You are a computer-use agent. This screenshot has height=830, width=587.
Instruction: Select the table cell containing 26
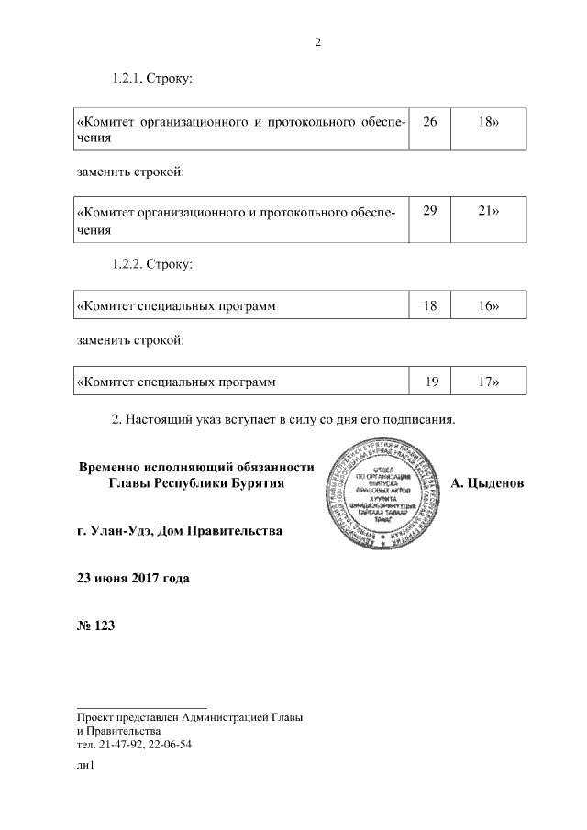point(430,122)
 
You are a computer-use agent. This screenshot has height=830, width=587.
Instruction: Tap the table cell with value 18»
point(489,122)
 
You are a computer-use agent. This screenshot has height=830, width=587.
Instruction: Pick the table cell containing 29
point(430,212)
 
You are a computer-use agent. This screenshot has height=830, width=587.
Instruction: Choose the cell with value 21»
point(489,212)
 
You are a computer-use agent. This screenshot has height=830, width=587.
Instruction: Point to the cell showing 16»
point(489,305)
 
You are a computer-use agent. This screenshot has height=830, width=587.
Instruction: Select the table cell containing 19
point(430,380)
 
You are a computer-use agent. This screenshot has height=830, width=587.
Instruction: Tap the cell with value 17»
point(489,380)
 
